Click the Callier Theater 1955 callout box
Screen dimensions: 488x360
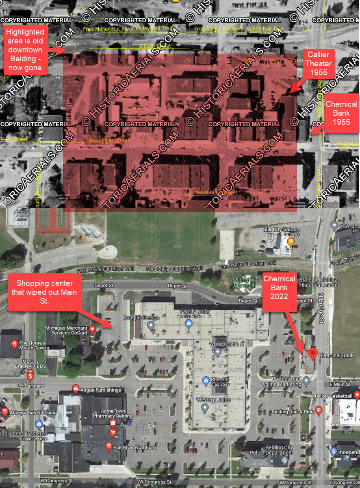click(x=319, y=63)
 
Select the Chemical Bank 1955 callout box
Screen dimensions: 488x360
click(x=341, y=113)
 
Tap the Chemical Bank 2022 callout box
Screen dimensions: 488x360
click(x=280, y=287)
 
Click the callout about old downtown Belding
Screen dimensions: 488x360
click(x=25, y=50)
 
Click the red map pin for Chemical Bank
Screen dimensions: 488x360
click(x=312, y=354)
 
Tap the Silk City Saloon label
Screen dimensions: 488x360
click(x=278, y=230)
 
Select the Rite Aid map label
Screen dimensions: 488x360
click(x=220, y=380)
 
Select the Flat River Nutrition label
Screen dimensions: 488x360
click(x=134, y=447)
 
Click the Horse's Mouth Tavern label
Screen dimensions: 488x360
click(x=34, y=345)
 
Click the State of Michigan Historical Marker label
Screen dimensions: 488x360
click(x=319, y=283)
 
